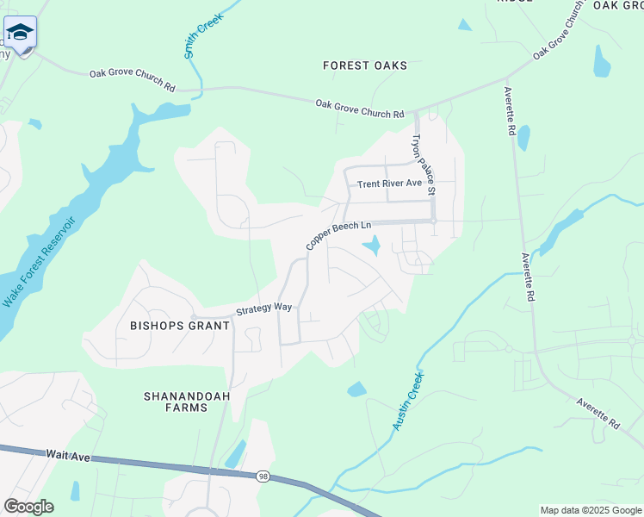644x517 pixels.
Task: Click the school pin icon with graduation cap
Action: (20, 33)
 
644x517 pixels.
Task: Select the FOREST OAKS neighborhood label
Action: (365, 65)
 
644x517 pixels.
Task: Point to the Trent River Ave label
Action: (390, 184)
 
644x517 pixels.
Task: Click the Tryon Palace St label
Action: (424, 163)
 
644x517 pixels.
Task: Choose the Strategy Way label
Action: (264, 308)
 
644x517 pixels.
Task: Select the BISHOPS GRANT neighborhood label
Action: (180, 326)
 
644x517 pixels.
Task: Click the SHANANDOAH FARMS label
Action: (175, 402)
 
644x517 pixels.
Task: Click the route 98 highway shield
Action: (263, 476)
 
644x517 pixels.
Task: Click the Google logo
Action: (28, 507)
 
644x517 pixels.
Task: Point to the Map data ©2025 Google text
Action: (590, 510)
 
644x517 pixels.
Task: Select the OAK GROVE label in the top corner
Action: (618, 5)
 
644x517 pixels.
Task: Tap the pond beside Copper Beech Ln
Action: (372, 247)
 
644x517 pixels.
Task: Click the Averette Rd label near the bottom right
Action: (598, 412)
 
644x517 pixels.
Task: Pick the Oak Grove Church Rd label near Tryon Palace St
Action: (359, 109)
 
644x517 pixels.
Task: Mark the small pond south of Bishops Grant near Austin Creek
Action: (356, 389)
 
